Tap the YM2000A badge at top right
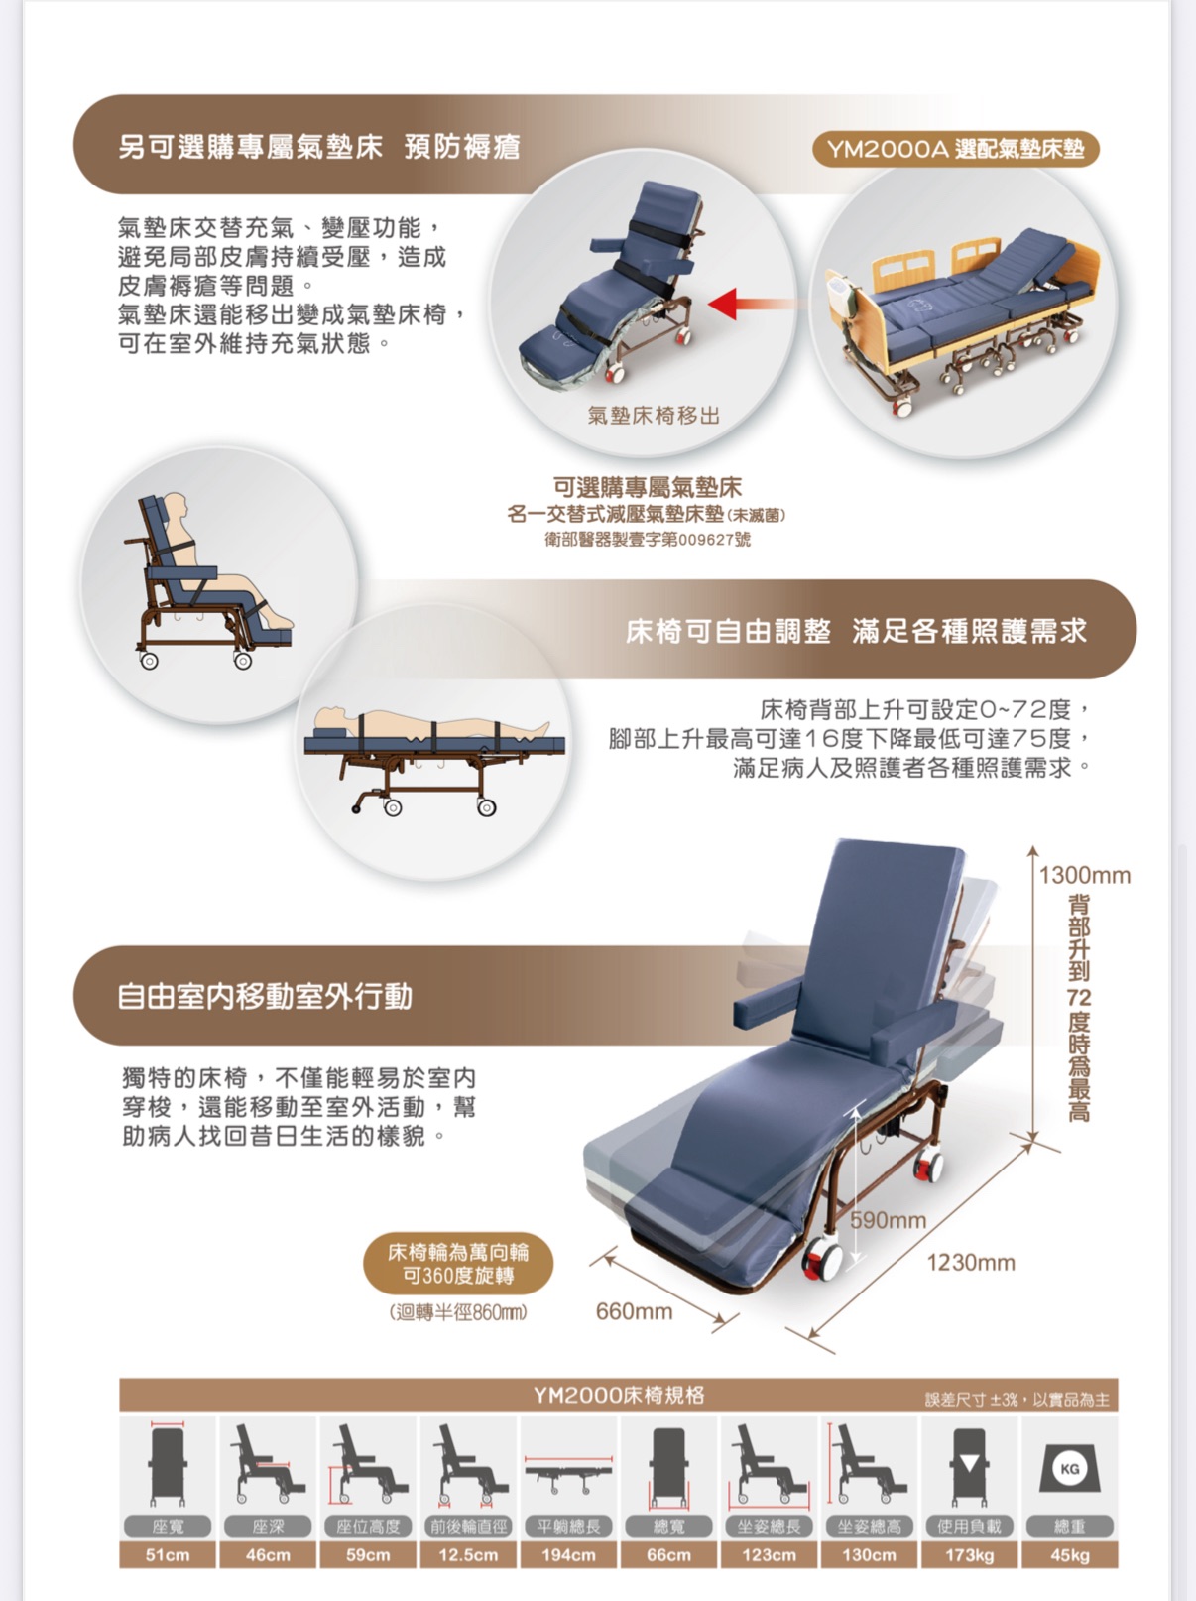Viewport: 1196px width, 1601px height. coord(955,150)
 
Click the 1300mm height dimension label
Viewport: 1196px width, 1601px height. coord(1084,875)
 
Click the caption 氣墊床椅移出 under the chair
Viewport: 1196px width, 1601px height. coord(655,416)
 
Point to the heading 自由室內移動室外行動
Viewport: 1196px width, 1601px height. coord(265,996)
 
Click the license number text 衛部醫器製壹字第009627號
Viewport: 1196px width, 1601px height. coord(648,539)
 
